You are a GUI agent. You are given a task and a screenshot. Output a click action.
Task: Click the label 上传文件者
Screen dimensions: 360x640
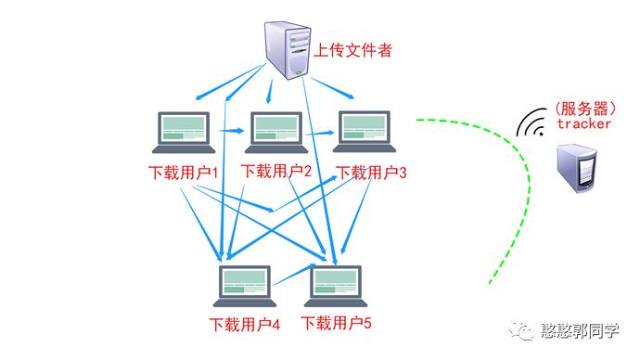click(x=354, y=48)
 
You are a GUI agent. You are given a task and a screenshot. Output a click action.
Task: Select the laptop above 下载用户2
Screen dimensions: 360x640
click(x=277, y=132)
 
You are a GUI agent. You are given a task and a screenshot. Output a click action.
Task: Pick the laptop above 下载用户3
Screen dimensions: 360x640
click(x=365, y=132)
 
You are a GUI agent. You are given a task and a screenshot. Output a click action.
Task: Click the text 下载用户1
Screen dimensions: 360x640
click(x=184, y=173)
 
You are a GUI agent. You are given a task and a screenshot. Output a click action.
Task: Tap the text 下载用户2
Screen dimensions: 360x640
click(x=275, y=171)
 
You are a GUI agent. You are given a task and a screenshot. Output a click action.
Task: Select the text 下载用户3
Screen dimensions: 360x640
click(x=371, y=173)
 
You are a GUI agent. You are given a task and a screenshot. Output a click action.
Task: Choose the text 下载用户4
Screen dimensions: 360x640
click(x=245, y=326)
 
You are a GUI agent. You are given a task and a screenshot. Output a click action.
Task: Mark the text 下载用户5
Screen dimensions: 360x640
click(x=336, y=324)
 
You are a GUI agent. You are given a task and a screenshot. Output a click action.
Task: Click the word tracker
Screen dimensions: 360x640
click(x=583, y=123)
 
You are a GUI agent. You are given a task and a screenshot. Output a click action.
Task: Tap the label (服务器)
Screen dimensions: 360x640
click(x=583, y=108)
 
